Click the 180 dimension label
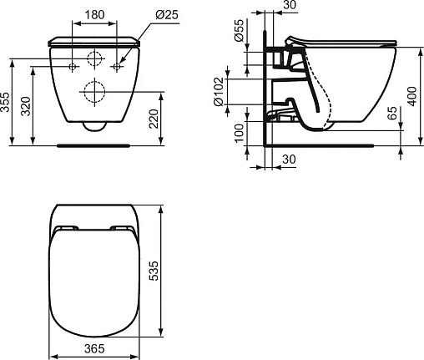click(x=94, y=15)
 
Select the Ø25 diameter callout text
click(x=167, y=14)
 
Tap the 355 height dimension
click(x=5, y=102)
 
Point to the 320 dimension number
click(x=27, y=106)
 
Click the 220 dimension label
click(x=154, y=119)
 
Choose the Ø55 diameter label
click(x=239, y=30)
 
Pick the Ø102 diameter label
click(x=219, y=92)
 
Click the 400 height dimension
click(x=412, y=96)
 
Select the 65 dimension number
click(x=393, y=113)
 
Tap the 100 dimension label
click(x=239, y=134)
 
